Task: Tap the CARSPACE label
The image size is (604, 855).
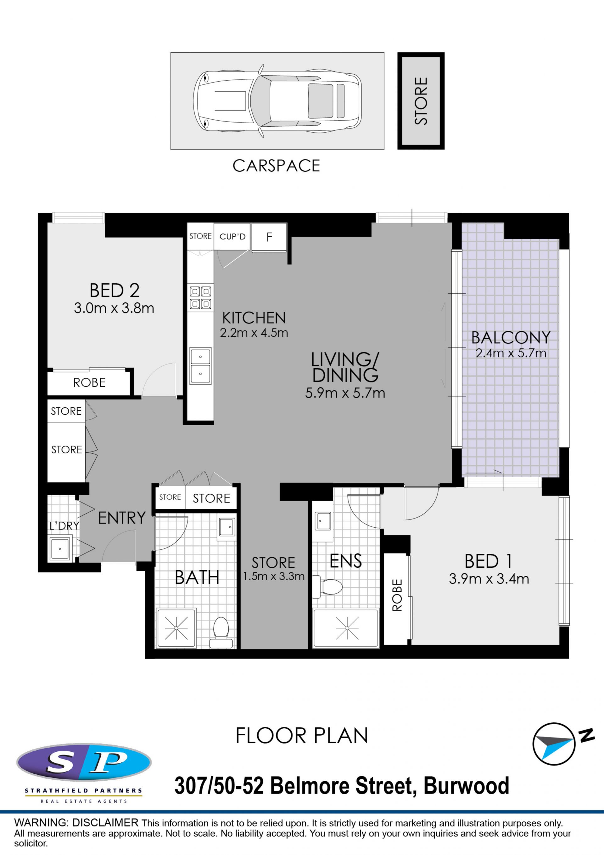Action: tap(276, 166)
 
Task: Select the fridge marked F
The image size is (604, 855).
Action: tap(269, 237)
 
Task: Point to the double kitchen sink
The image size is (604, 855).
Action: tap(200, 366)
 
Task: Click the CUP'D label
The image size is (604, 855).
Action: tap(232, 237)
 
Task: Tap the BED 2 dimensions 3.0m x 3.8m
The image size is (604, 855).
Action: tap(114, 308)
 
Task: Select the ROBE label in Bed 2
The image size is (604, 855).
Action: tap(89, 382)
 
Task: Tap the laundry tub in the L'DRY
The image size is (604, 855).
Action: tap(60, 548)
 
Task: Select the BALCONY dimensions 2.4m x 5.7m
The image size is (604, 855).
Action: tap(511, 353)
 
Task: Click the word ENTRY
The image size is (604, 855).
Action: tap(122, 518)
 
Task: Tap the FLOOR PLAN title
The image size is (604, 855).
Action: tap(302, 736)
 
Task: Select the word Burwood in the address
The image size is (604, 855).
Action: tap(467, 786)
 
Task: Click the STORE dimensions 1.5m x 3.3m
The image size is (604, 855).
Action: tap(274, 576)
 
